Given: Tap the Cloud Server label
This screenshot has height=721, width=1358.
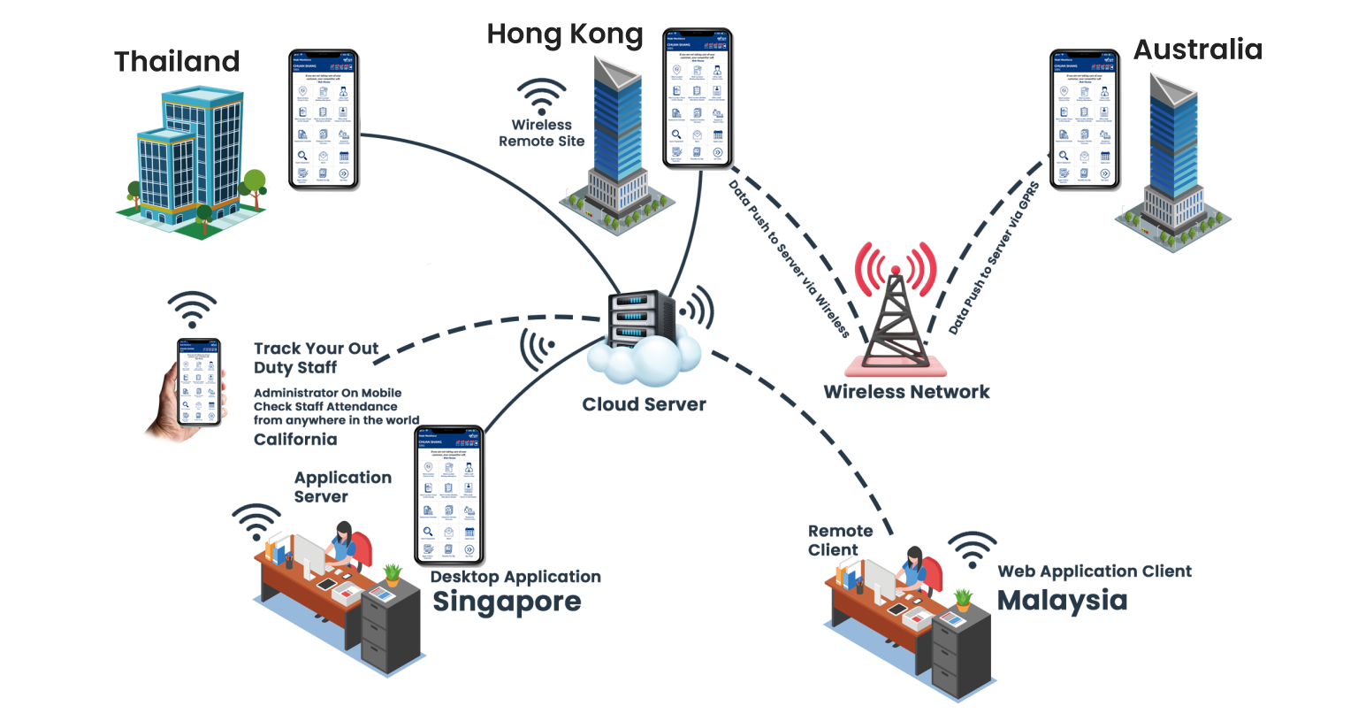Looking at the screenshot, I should click(x=645, y=405).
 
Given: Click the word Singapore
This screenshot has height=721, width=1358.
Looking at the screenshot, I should click(x=507, y=602).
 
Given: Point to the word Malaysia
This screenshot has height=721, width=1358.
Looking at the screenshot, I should click(x=1061, y=600).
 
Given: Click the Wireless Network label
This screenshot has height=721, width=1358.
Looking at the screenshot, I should click(x=906, y=391).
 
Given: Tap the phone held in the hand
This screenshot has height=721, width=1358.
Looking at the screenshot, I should click(x=199, y=382).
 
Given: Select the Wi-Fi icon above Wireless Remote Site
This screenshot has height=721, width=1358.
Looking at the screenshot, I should click(x=541, y=96).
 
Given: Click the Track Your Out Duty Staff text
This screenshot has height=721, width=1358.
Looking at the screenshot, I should click(x=317, y=357).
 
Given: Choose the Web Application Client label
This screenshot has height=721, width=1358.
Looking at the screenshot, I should click(x=1095, y=571).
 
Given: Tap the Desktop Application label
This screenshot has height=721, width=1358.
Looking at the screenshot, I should click(x=515, y=577).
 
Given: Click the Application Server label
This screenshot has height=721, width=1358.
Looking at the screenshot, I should click(x=342, y=487).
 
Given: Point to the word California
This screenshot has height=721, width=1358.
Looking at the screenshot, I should click(x=295, y=440).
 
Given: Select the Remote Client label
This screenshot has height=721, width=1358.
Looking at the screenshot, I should click(x=840, y=540).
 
